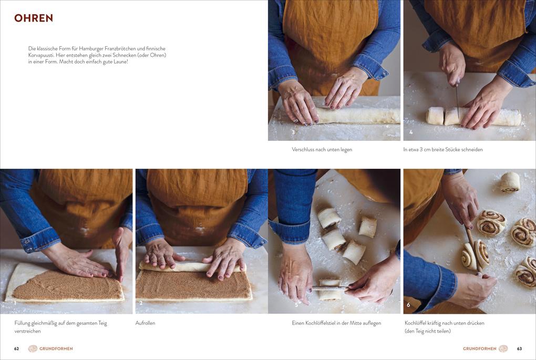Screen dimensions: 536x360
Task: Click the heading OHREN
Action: tap(34, 18)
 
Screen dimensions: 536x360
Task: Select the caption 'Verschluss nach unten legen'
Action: tap(322, 149)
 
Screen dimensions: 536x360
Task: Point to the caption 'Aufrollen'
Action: tap(145, 323)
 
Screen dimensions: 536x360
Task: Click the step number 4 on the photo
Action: tap(410, 132)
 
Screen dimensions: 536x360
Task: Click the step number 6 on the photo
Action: tap(408, 305)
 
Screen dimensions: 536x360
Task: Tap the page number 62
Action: tap(16, 349)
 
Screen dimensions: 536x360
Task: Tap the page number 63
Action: tap(519, 349)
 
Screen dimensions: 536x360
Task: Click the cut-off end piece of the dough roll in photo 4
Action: tap(435, 116)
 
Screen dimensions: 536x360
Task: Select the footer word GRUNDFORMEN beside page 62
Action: tap(56, 349)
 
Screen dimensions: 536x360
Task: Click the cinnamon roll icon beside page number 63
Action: tap(503, 349)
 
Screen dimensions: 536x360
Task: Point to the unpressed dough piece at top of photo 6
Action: tap(510, 182)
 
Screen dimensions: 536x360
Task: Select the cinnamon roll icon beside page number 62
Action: tap(33, 349)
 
